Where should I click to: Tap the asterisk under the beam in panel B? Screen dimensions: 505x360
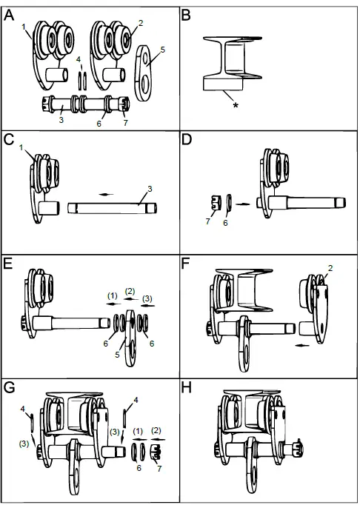click(236, 107)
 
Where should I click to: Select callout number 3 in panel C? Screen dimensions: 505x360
click(150, 190)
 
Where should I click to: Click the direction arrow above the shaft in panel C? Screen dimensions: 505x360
click(108, 194)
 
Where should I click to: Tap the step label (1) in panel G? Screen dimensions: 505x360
click(137, 431)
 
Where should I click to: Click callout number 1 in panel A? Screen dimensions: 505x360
click(24, 27)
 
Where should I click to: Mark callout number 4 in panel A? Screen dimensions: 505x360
click(79, 58)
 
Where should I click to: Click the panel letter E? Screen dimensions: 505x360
click(8, 265)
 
